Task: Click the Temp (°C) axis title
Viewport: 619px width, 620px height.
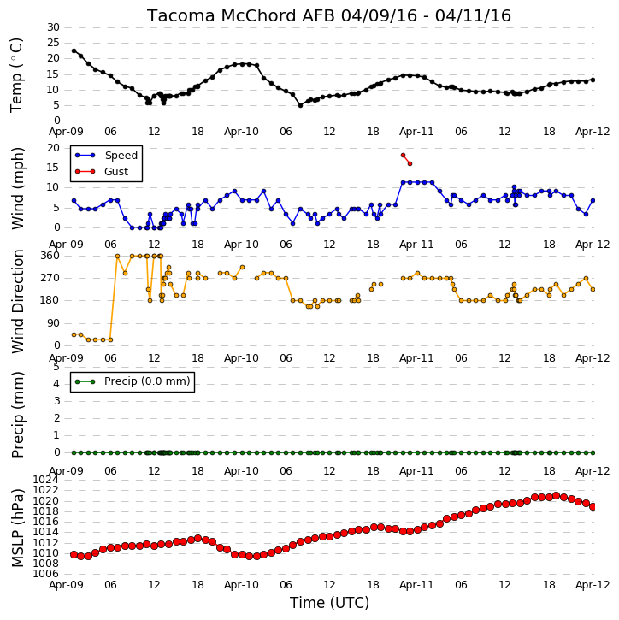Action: tap(16, 75)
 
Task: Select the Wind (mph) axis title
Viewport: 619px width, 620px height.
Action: tap(17, 188)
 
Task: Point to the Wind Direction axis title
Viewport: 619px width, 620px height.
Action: tap(17, 301)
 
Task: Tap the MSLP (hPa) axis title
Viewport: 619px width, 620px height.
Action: tap(17, 528)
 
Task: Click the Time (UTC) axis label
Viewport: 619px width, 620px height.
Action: tap(329, 603)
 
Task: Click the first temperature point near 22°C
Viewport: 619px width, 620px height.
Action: tap(74, 51)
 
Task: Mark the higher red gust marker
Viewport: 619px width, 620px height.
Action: tap(404, 156)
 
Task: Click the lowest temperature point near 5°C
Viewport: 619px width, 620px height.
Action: tap(300, 105)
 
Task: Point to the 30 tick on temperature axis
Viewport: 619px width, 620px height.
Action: tap(53, 27)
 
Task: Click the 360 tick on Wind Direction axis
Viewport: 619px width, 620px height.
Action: tap(50, 256)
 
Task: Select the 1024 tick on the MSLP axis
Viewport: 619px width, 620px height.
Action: tap(45, 480)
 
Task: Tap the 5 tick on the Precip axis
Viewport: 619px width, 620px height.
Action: tap(56, 367)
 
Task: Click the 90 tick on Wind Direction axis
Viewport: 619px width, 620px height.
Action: tap(53, 323)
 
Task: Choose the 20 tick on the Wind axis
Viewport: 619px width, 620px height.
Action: tap(53, 148)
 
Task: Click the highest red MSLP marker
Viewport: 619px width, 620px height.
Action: tap(556, 495)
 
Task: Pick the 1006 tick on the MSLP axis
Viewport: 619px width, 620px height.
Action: tap(45, 574)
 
